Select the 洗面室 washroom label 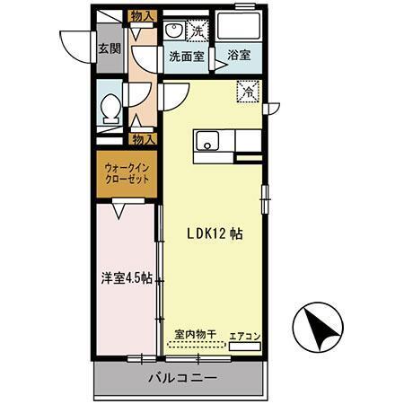186,56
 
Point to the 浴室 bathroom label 238,56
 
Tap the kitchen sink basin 209,140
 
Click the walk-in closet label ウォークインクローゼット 125,172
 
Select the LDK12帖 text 214,232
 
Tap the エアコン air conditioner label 244,336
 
